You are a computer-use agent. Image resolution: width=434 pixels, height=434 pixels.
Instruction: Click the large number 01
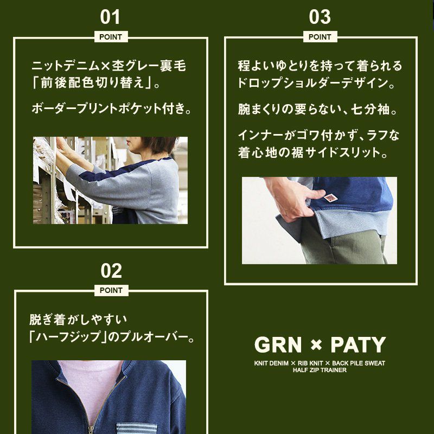[110, 17]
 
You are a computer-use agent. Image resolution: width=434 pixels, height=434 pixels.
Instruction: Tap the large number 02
[111, 271]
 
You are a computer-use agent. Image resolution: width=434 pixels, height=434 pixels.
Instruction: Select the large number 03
[320, 17]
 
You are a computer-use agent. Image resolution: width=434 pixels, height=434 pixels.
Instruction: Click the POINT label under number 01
[111, 37]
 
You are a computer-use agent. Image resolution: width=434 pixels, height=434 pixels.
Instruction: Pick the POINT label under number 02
[111, 290]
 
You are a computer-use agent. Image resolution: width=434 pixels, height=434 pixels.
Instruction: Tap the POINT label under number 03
[320, 37]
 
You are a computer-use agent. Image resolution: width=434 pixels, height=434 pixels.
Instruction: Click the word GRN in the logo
[278, 345]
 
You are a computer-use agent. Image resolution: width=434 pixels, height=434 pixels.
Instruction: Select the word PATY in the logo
[358, 345]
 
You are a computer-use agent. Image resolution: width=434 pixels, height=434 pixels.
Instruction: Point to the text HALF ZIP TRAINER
[320, 370]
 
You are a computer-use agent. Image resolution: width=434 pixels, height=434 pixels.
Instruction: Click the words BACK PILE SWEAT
[359, 363]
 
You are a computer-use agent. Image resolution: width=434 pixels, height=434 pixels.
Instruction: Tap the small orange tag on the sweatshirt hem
[330, 197]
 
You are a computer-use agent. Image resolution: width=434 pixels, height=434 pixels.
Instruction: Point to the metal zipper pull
[91, 430]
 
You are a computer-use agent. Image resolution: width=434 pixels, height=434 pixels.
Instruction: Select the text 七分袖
[370, 109]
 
